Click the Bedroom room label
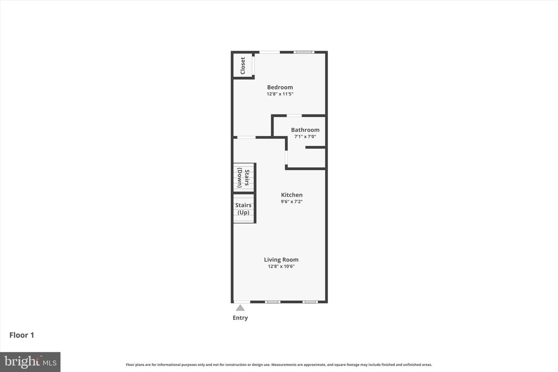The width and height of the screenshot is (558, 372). tap(280, 87)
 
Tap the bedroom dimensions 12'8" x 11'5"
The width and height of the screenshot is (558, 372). tap(280, 94)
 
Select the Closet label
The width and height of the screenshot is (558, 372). tap(243, 66)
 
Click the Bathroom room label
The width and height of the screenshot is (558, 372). tap(305, 130)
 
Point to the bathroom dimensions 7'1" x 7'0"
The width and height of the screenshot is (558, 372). tap(305, 136)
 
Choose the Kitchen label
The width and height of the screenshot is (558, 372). tap(292, 195)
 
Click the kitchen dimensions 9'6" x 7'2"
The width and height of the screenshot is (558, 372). tap(292, 201)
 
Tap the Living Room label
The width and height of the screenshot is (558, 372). tap(281, 260)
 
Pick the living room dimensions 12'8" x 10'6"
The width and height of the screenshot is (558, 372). tap(281, 266)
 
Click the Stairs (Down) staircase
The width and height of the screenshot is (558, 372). tap(244, 177)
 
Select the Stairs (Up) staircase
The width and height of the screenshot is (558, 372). tap(244, 208)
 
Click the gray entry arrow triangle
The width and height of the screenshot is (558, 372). tap(240, 308)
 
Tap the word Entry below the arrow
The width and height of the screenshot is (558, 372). tap(240, 318)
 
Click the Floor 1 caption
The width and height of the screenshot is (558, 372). tap(22, 335)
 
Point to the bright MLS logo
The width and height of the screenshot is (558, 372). tap(30, 362)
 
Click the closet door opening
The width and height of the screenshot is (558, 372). tap(253, 65)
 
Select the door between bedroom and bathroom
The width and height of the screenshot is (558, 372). tap(294, 115)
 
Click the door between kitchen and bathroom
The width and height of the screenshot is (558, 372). tap(286, 157)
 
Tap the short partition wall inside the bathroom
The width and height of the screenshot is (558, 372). tap(315, 147)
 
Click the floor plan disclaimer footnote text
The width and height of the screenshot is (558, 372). tap(279, 365)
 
